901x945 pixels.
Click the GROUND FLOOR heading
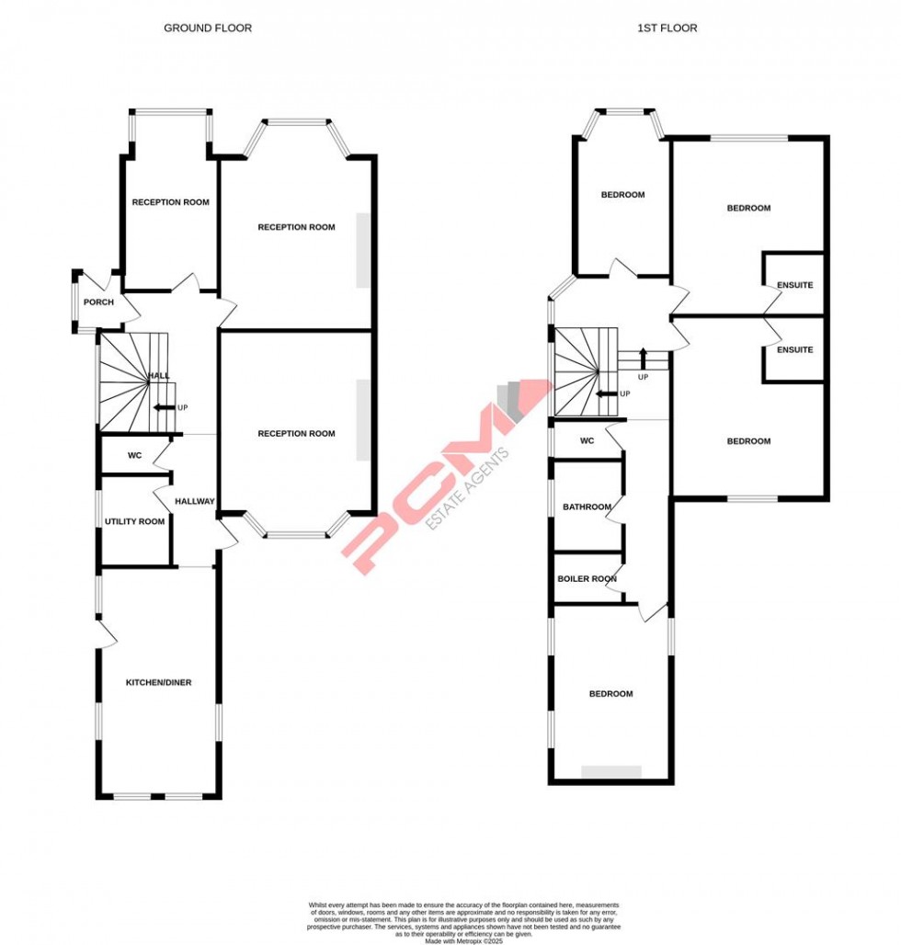(207, 28)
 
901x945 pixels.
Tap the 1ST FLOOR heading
(667, 28)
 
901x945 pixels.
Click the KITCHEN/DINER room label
(158, 682)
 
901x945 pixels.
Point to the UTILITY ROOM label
(134, 522)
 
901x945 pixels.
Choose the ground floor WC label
(134, 455)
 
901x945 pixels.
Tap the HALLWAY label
(195, 502)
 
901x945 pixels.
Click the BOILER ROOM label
(587, 579)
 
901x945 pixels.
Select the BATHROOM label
(587, 507)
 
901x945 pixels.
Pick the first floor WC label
(587, 441)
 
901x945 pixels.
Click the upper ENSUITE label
(794, 285)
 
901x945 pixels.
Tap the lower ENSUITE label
(794, 350)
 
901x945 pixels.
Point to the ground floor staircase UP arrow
(165, 407)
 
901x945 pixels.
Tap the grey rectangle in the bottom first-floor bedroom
(611, 771)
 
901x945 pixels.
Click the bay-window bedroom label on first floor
(622, 195)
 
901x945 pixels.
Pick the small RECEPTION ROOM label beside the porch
(170, 202)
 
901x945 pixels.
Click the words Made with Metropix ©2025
(463, 938)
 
